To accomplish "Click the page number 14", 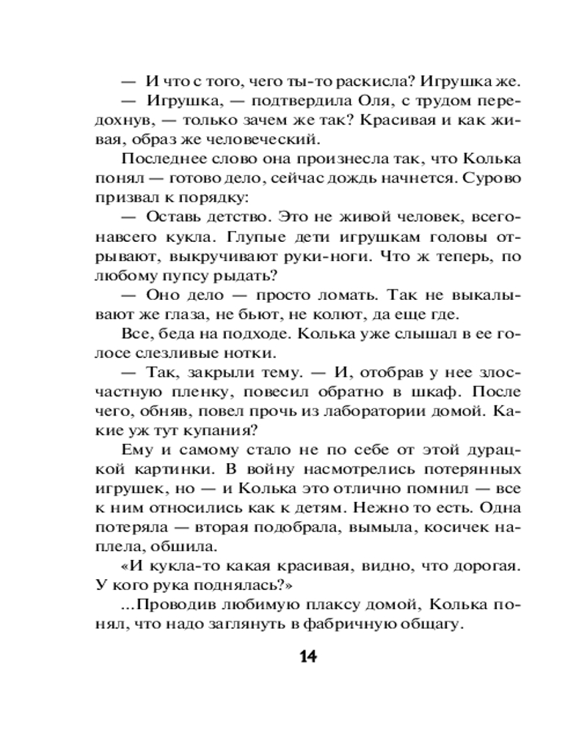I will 307,656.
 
